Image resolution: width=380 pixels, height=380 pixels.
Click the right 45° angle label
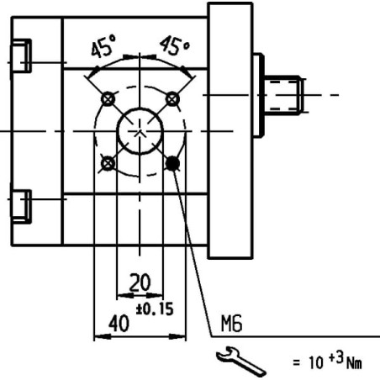pos(175,45)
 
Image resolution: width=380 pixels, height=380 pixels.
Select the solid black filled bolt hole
pos(172,163)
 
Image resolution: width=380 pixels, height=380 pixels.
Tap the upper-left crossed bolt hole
pos(108,98)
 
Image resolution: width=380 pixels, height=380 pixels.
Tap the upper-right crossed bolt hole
pos(172,99)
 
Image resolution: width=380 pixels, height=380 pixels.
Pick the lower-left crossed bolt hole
pos(108,163)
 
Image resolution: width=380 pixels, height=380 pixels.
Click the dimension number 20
pos(140,282)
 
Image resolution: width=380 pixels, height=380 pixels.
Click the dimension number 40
pos(119,323)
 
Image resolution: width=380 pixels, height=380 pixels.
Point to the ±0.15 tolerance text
pos(155,309)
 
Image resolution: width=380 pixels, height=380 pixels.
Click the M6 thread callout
pos(231,324)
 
